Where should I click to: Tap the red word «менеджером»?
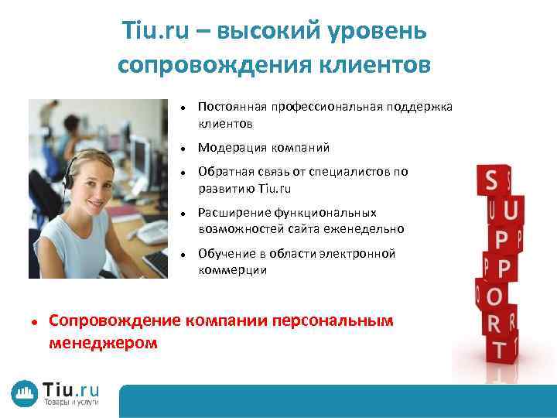(103, 341)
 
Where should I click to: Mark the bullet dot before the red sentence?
(35, 321)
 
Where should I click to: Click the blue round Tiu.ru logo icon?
(25, 393)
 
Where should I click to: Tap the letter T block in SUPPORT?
(500, 349)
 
